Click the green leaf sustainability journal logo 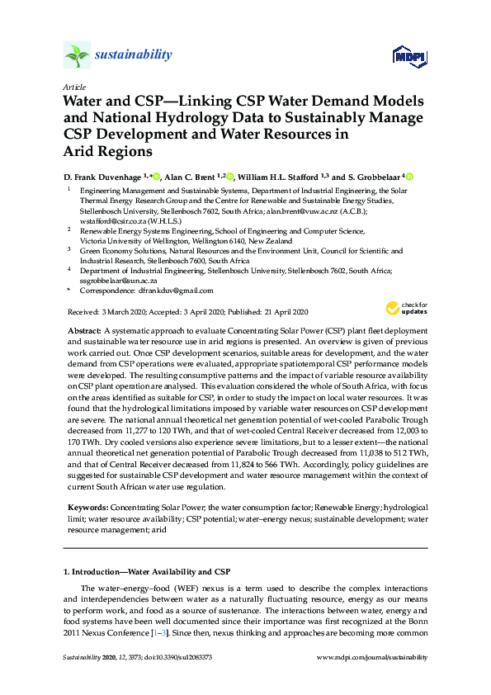coord(77,55)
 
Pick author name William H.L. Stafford coord(278,177)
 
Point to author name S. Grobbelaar coord(371,177)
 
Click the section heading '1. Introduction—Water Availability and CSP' coord(147,571)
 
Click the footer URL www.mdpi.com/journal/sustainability coord(372,657)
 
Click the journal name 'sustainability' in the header coord(134,55)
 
